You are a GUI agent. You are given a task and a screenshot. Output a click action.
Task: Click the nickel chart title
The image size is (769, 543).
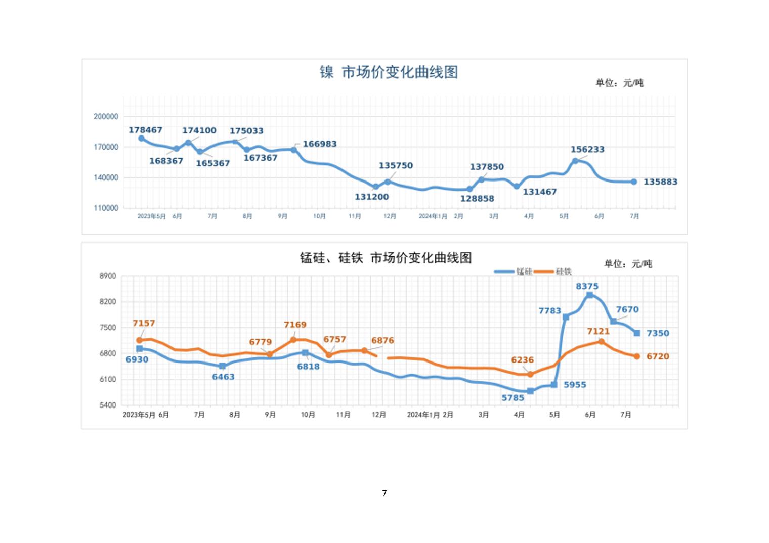click(389, 72)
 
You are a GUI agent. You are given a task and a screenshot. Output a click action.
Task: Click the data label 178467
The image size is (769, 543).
click(145, 130)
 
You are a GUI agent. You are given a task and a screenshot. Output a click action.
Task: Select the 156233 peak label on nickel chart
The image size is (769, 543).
click(587, 149)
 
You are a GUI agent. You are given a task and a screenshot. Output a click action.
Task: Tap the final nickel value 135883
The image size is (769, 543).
click(660, 182)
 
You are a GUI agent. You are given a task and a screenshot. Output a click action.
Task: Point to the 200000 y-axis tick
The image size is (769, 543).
click(106, 116)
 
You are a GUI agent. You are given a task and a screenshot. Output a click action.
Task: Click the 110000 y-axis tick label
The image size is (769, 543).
click(106, 208)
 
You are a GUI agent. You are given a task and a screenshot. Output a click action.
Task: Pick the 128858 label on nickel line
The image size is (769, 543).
click(477, 199)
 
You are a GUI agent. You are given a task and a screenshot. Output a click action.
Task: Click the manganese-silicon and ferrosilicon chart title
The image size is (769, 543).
click(386, 258)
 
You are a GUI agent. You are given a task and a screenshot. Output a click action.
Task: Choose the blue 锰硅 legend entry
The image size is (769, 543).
click(514, 271)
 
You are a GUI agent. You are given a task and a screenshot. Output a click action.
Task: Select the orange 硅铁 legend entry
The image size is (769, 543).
click(554, 271)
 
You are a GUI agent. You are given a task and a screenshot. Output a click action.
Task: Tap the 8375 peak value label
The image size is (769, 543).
click(587, 286)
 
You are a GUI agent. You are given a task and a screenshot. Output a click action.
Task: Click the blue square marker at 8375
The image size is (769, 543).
click(589, 295)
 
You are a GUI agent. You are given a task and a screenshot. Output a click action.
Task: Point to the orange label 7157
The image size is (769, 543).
click(144, 323)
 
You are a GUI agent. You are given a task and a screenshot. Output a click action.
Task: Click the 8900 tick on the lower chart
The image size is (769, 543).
click(108, 276)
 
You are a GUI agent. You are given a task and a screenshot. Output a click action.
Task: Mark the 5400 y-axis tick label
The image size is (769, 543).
click(108, 405)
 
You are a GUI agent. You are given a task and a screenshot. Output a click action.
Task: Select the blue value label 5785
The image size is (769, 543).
click(512, 398)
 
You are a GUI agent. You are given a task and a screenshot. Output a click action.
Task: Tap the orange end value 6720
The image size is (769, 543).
click(658, 356)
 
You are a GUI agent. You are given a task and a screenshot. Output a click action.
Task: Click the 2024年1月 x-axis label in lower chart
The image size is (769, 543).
click(423, 415)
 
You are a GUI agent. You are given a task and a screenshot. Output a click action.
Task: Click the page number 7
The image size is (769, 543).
click(384, 493)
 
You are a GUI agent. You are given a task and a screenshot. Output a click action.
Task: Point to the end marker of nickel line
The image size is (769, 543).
click(634, 182)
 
